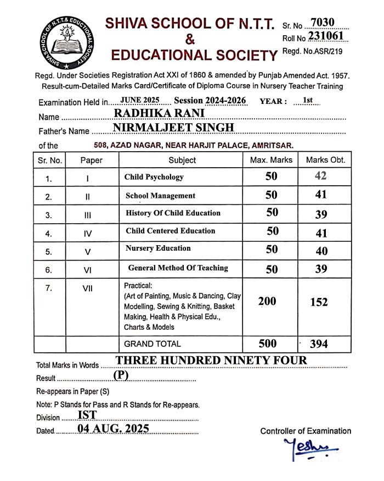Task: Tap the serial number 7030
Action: pyautogui.click(x=322, y=23)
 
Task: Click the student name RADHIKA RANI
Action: pyautogui.click(x=159, y=113)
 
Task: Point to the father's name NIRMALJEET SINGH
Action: pyautogui.click(x=173, y=128)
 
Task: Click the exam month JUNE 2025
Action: pyautogui.click(x=139, y=101)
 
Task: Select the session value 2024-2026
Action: pyautogui.click(x=226, y=101)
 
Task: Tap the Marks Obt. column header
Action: pyautogui.click(x=326, y=160)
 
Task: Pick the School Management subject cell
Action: pyautogui.click(x=161, y=196)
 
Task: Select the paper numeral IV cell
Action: pyautogui.click(x=88, y=234)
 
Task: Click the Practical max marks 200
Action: pyautogui.click(x=267, y=301)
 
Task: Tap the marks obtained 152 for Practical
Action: pyautogui.click(x=319, y=302)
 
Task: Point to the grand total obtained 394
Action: pyautogui.click(x=319, y=344)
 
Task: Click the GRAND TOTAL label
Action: pyautogui.click(x=153, y=344)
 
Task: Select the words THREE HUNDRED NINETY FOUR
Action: pyautogui.click(x=211, y=361)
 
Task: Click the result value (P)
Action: pyautogui.click(x=121, y=375)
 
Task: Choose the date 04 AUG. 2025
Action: pyautogui.click(x=113, y=429)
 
